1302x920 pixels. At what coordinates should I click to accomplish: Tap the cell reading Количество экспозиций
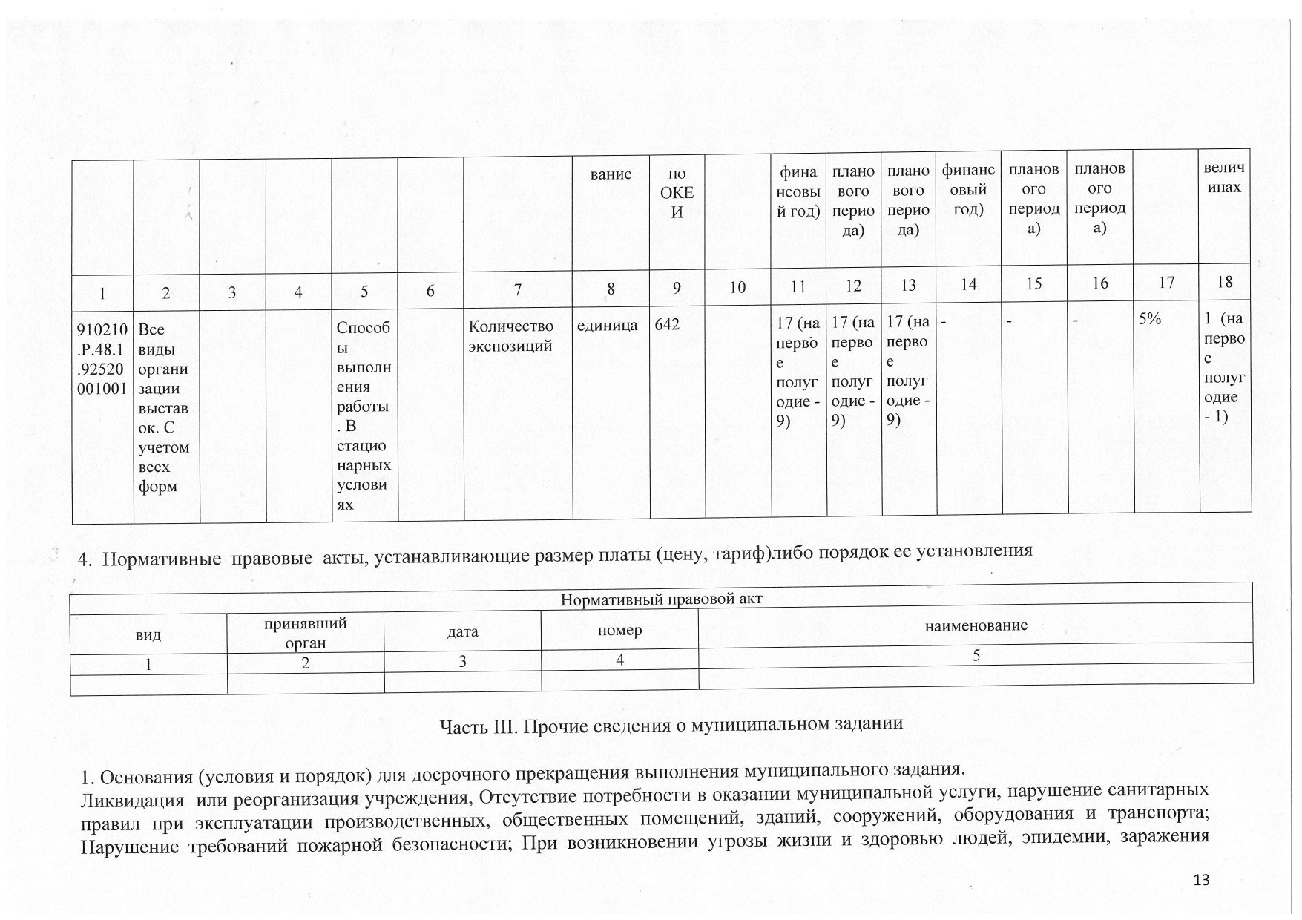511,335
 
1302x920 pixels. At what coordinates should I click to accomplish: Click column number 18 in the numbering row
1225,282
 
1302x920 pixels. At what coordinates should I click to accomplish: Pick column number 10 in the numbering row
737,287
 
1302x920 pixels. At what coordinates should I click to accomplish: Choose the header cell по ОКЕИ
677,194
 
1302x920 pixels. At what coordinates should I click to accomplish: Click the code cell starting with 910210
102,358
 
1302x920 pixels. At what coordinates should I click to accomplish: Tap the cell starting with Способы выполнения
364,415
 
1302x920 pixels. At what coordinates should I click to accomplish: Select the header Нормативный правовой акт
661,599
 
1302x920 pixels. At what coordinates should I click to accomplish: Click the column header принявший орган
306,633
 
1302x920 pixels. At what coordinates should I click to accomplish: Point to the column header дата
463,631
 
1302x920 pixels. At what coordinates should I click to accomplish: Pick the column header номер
619,630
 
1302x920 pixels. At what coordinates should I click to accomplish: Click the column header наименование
976,625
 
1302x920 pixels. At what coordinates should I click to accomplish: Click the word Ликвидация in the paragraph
131,801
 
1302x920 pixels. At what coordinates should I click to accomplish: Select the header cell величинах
1224,178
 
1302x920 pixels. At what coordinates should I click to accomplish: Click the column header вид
148,635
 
